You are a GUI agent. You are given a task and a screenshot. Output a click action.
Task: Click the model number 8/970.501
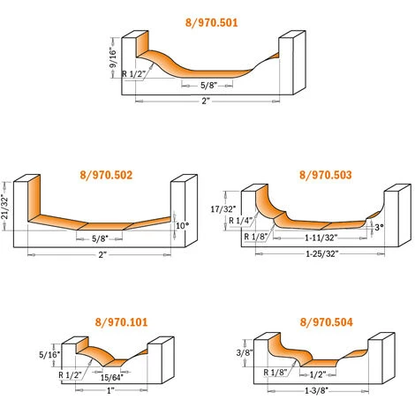click(x=211, y=23)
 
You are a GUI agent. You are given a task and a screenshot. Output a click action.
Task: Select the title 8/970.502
click(x=106, y=175)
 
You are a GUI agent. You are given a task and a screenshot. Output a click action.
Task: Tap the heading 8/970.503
click(x=326, y=175)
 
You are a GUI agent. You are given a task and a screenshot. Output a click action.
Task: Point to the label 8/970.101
click(x=121, y=322)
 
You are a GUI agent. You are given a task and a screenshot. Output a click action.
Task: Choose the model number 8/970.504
click(x=326, y=322)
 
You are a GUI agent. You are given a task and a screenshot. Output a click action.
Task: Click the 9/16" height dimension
click(x=113, y=57)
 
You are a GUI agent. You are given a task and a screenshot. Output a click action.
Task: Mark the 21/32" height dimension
click(x=5, y=206)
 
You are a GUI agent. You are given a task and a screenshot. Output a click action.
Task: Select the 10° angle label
click(x=182, y=226)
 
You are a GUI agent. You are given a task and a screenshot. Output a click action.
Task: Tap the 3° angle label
click(x=379, y=227)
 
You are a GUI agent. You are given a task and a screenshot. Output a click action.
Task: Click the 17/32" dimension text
click(x=223, y=209)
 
